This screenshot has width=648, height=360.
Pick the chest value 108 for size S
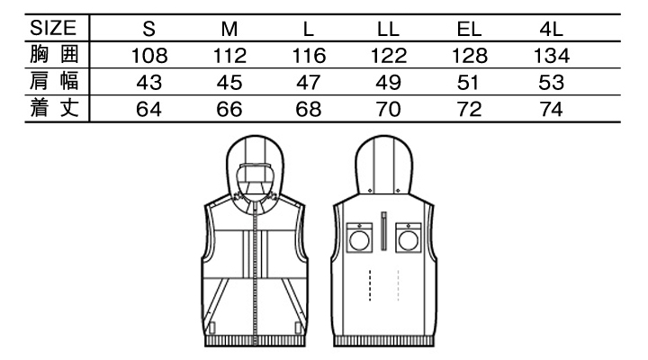tap(148, 56)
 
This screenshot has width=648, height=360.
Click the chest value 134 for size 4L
tap(551, 56)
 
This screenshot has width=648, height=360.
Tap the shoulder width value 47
tap(309, 84)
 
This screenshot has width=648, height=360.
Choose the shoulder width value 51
tap(470, 84)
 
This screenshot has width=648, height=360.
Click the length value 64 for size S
tap(148, 111)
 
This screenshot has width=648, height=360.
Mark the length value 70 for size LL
tap(388, 111)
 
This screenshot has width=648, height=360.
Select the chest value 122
tap(388, 56)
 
